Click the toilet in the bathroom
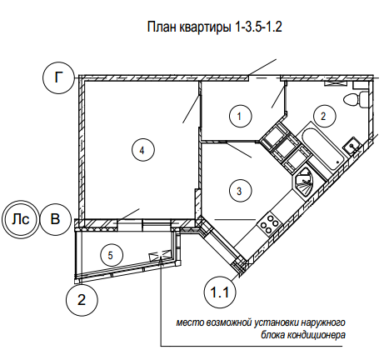357,98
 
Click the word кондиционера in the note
316,336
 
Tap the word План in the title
162,27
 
